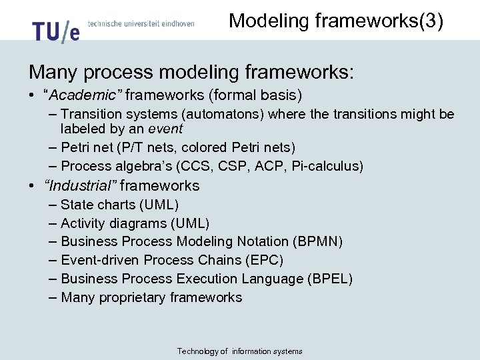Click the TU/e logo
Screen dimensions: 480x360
pos(55,30)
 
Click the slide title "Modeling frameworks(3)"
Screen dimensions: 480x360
pos(336,21)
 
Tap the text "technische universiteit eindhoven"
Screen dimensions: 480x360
pos(141,23)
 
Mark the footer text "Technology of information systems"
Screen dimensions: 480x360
pos(239,351)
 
